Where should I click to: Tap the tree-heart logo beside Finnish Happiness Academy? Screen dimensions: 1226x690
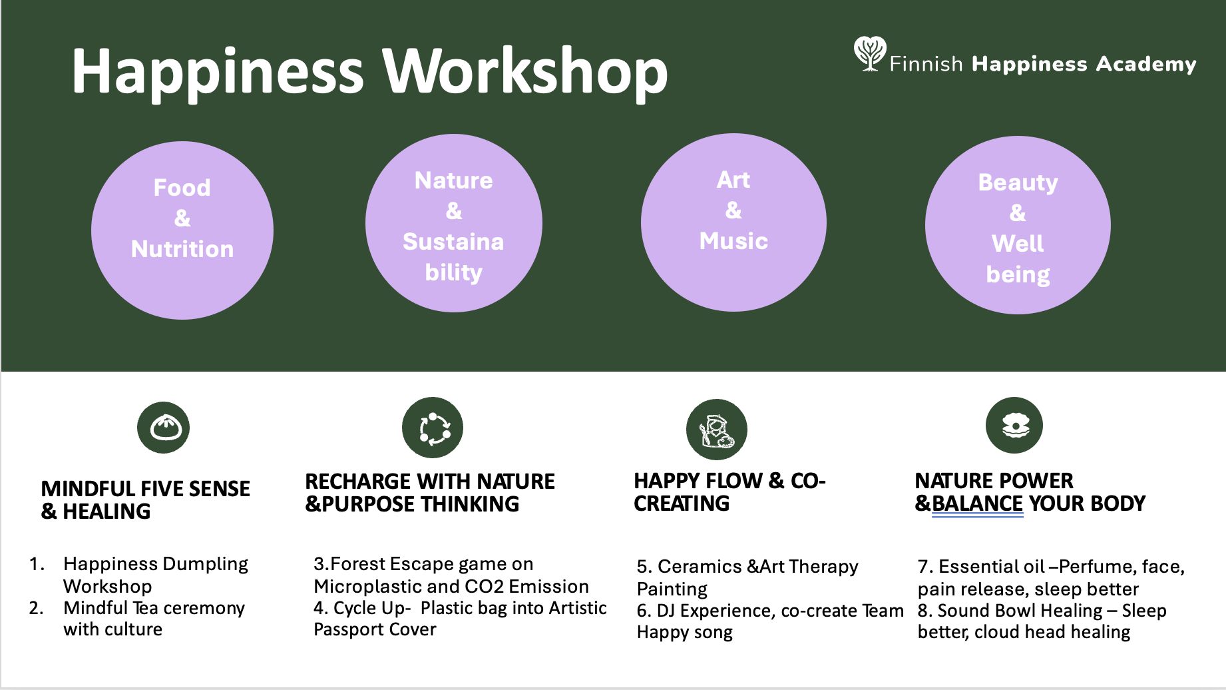tap(869, 53)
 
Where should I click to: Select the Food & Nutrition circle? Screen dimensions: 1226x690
tap(182, 230)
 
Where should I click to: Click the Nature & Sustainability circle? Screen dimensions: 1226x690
tap(454, 223)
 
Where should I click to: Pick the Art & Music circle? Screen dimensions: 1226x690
tap(733, 222)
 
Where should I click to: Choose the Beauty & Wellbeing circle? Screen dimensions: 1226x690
tap(1018, 225)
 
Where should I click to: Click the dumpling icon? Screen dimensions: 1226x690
tap(164, 428)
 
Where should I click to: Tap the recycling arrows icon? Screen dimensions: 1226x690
tap(433, 428)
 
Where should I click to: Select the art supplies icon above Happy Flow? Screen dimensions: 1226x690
tap(717, 430)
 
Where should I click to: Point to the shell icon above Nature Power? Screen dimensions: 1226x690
tap(1014, 426)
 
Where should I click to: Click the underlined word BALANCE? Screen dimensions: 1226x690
tap(977, 504)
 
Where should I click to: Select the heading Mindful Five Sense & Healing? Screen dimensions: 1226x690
tap(145, 500)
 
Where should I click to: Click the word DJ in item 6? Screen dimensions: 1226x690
tap(666, 611)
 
